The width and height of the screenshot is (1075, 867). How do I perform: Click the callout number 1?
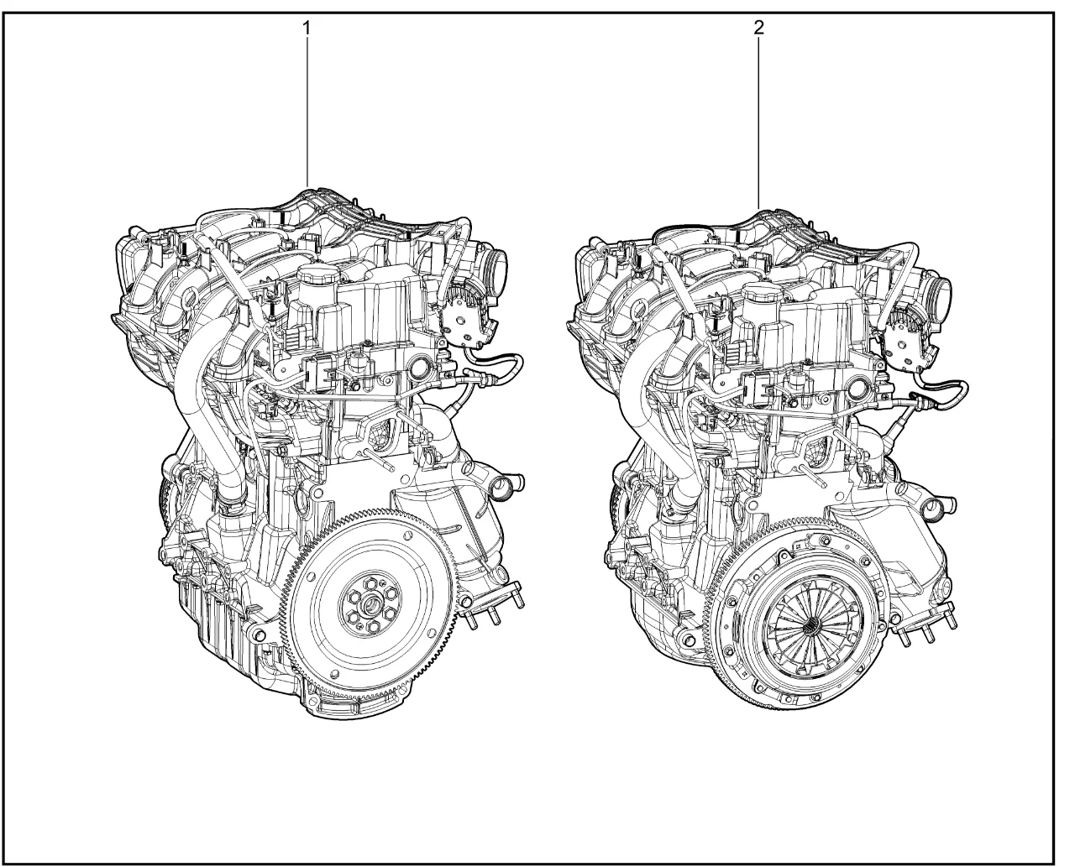(x=307, y=29)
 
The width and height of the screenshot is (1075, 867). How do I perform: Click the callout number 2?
(x=758, y=29)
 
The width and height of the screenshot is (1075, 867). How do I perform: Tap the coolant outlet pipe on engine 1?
(x=507, y=485)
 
